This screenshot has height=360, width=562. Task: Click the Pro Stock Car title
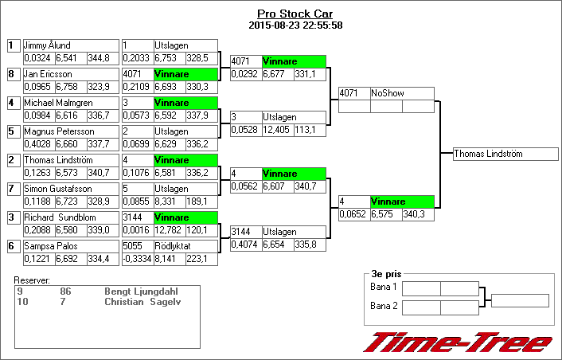295,14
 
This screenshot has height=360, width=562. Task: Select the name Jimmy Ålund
47,46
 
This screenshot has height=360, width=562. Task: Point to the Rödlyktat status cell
172,247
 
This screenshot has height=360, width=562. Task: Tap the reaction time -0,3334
136,259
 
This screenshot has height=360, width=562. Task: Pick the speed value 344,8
99,58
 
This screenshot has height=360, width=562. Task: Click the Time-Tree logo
458,342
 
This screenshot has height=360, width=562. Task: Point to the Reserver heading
32,281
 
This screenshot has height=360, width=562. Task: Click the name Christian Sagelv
138,302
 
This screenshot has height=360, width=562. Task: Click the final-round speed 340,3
417,214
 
